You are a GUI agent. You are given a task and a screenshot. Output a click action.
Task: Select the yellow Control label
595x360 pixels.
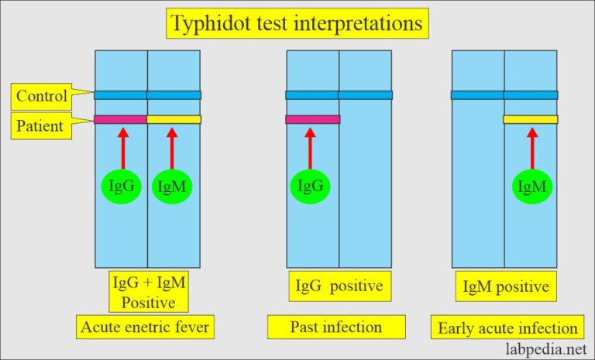40,97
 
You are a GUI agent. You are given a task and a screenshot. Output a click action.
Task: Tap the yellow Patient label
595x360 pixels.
40,125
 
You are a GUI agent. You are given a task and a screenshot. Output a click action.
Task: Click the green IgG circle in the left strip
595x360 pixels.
121,186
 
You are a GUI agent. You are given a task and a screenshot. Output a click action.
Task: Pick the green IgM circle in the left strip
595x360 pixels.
172,186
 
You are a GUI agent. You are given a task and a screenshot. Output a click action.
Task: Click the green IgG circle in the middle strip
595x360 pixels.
311,186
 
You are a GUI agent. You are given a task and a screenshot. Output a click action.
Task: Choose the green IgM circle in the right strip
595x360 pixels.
531,186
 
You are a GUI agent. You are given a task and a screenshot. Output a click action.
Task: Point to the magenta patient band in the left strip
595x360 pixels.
121,119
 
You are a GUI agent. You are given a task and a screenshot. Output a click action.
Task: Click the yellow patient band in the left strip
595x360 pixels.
174,119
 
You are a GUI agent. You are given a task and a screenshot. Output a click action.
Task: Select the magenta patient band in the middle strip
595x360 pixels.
312,119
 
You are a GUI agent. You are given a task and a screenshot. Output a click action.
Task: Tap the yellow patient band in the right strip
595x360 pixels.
531,119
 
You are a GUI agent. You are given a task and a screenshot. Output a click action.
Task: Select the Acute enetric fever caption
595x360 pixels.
146,327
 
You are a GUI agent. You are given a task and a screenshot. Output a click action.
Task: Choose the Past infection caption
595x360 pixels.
335,327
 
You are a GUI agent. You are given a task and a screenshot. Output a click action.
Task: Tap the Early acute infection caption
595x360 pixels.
507,327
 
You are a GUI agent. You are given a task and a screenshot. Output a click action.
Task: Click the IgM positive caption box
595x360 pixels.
504,287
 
